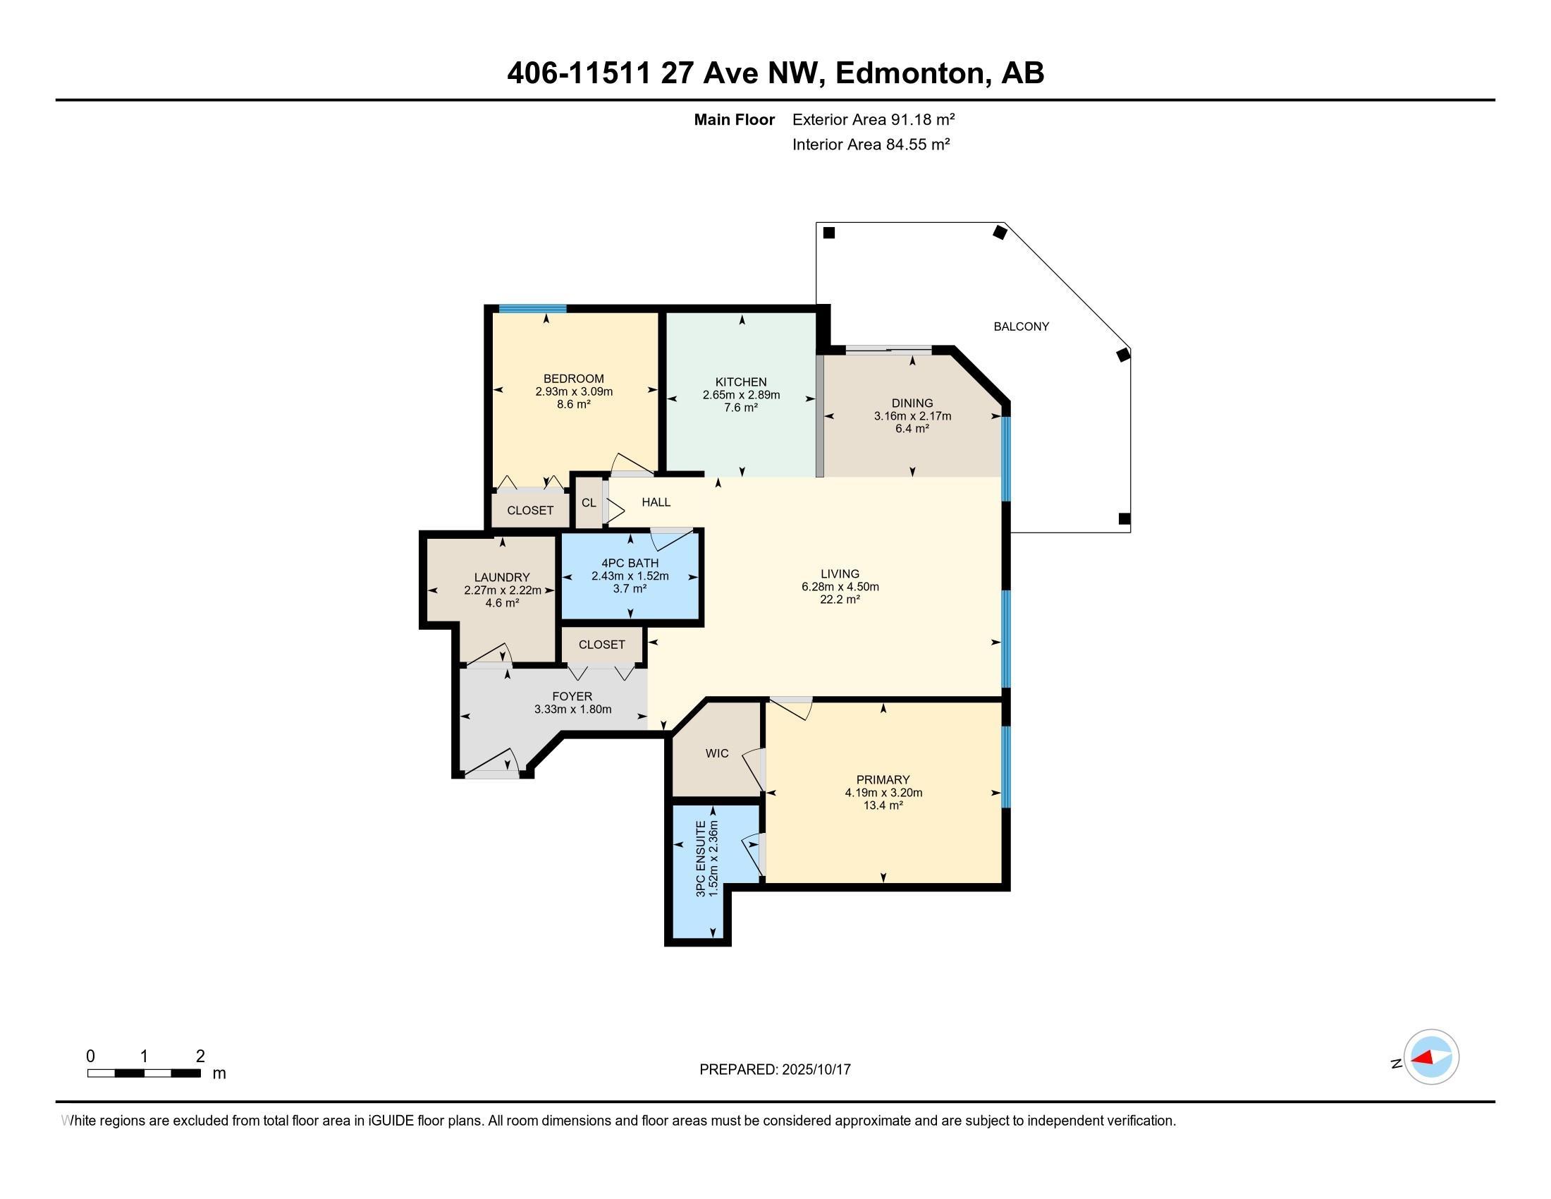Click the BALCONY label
click(x=1021, y=327)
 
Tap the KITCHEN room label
click(x=741, y=382)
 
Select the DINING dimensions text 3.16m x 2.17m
click(x=912, y=416)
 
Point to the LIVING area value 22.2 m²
click(x=840, y=599)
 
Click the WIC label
click(x=717, y=754)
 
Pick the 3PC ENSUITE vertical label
click(x=701, y=858)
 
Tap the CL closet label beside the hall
click(x=589, y=503)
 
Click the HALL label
click(x=656, y=502)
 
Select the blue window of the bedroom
click(x=532, y=308)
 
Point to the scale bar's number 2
click(x=200, y=1057)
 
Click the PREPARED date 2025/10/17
click(x=816, y=1070)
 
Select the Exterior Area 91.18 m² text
click(x=873, y=119)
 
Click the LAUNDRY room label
click(x=502, y=578)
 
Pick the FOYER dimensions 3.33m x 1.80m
click(x=572, y=710)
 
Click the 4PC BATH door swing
click(x=673, y=539)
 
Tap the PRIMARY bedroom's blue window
click(x=1005, y=767)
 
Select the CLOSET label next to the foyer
click(x=601, y=645)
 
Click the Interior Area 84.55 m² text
click(x=871, y=145)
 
